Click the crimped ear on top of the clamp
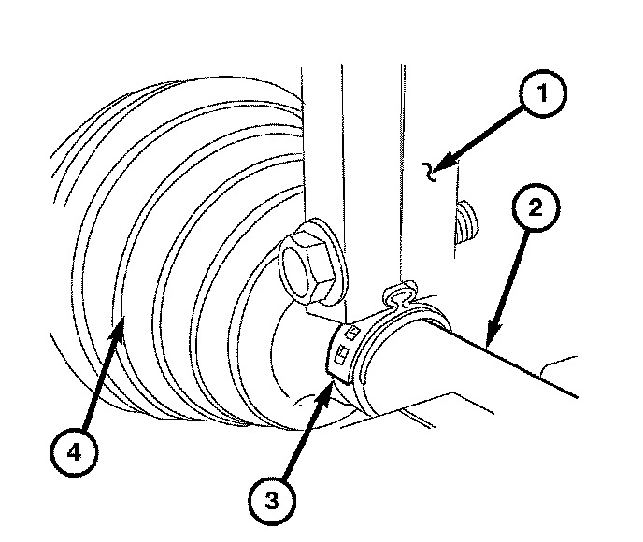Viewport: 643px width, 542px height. pos(402,296)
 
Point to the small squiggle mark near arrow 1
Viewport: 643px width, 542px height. pos(432,171)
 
